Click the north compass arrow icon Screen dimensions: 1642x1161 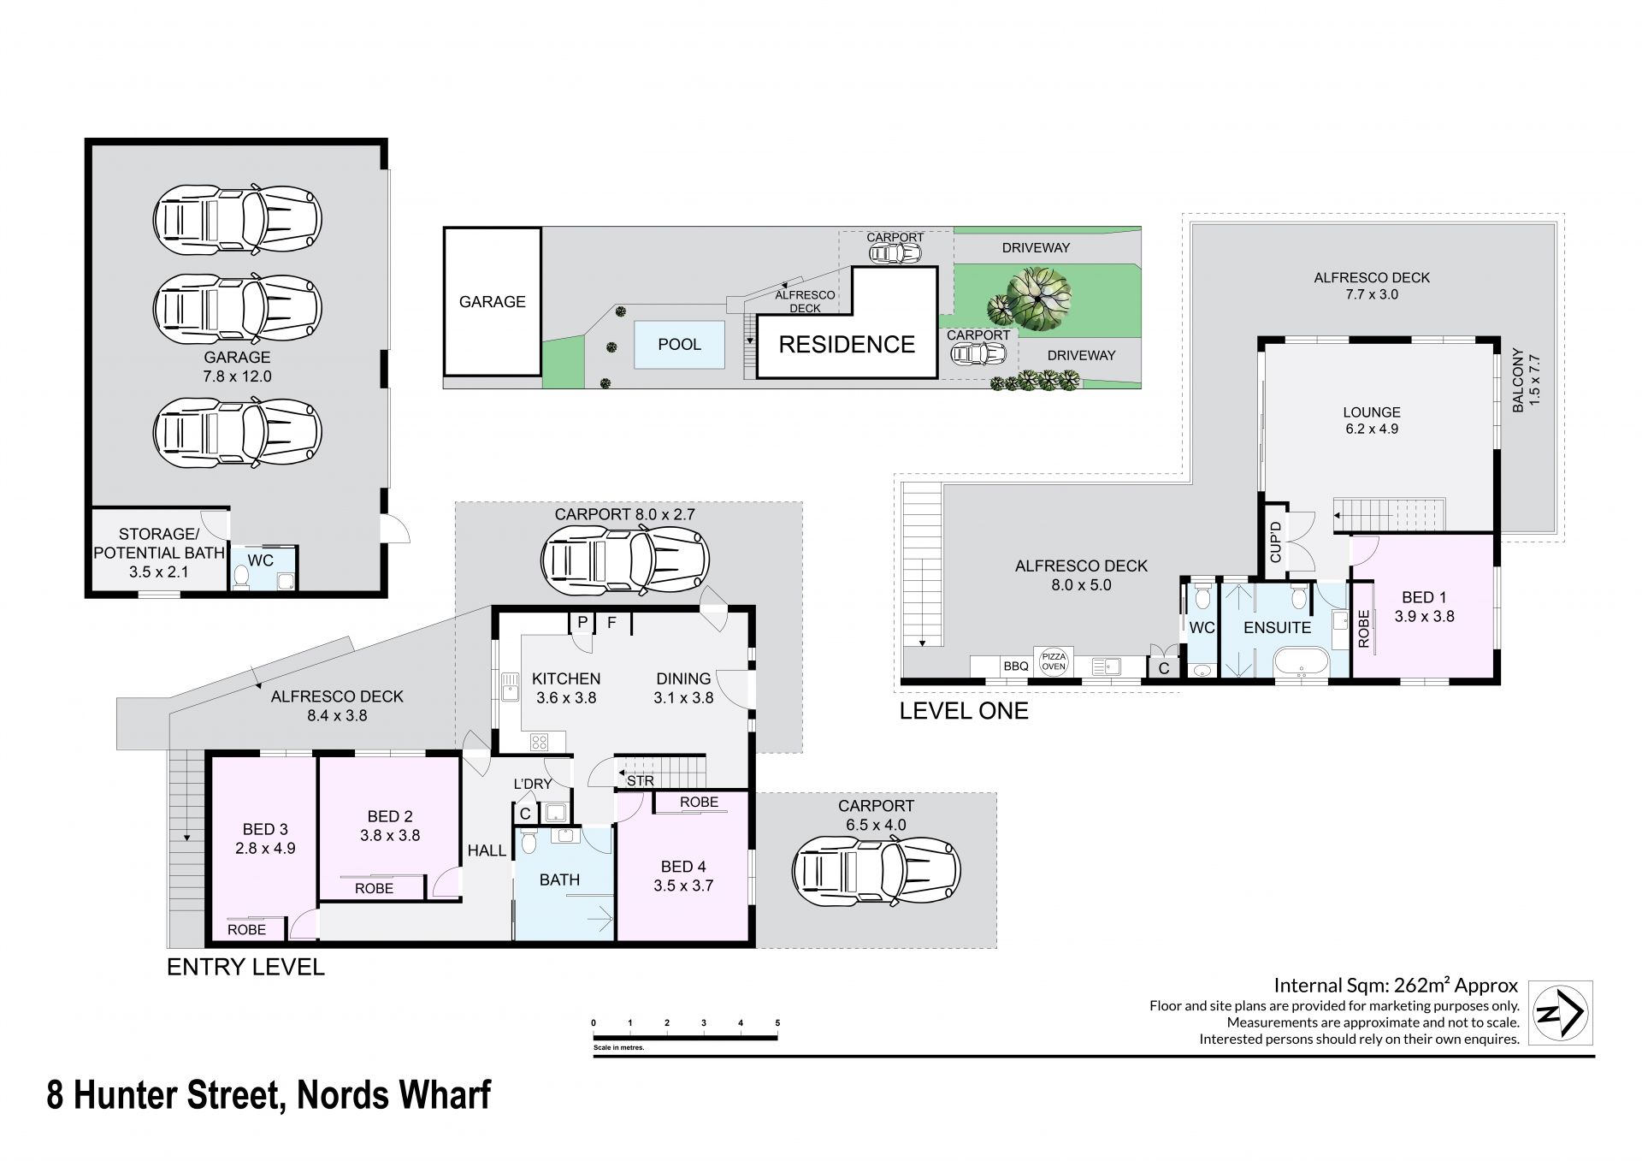pyautogui.click(x=1560, y=1013)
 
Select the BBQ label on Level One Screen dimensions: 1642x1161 pyautogui.click(x=1015, y=666)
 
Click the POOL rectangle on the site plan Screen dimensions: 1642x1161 pyautogui.click(x=679, y=344)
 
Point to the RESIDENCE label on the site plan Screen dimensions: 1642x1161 pyautogui.click(x=847, y=344)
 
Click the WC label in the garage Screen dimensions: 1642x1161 pyautogui.click(x=261, y=560)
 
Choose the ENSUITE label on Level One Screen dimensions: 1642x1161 pyautogui.click(x=1277, y=627)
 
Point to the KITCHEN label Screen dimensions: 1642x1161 pyautogui.click(x=566, y=678)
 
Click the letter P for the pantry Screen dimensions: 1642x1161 pyautogui.click(x=582, y=622)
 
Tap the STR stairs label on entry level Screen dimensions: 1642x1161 pyautogui.click(x=641, y=780)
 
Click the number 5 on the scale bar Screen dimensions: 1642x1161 pyautogui.click(x=777, y=1022)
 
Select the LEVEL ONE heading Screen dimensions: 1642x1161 pyautogui.click(x=964, y=711)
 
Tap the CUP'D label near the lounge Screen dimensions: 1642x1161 pyautogui.click(x=1276, y=542)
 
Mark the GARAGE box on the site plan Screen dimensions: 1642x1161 pyautogui.click(x=492, y=301)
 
